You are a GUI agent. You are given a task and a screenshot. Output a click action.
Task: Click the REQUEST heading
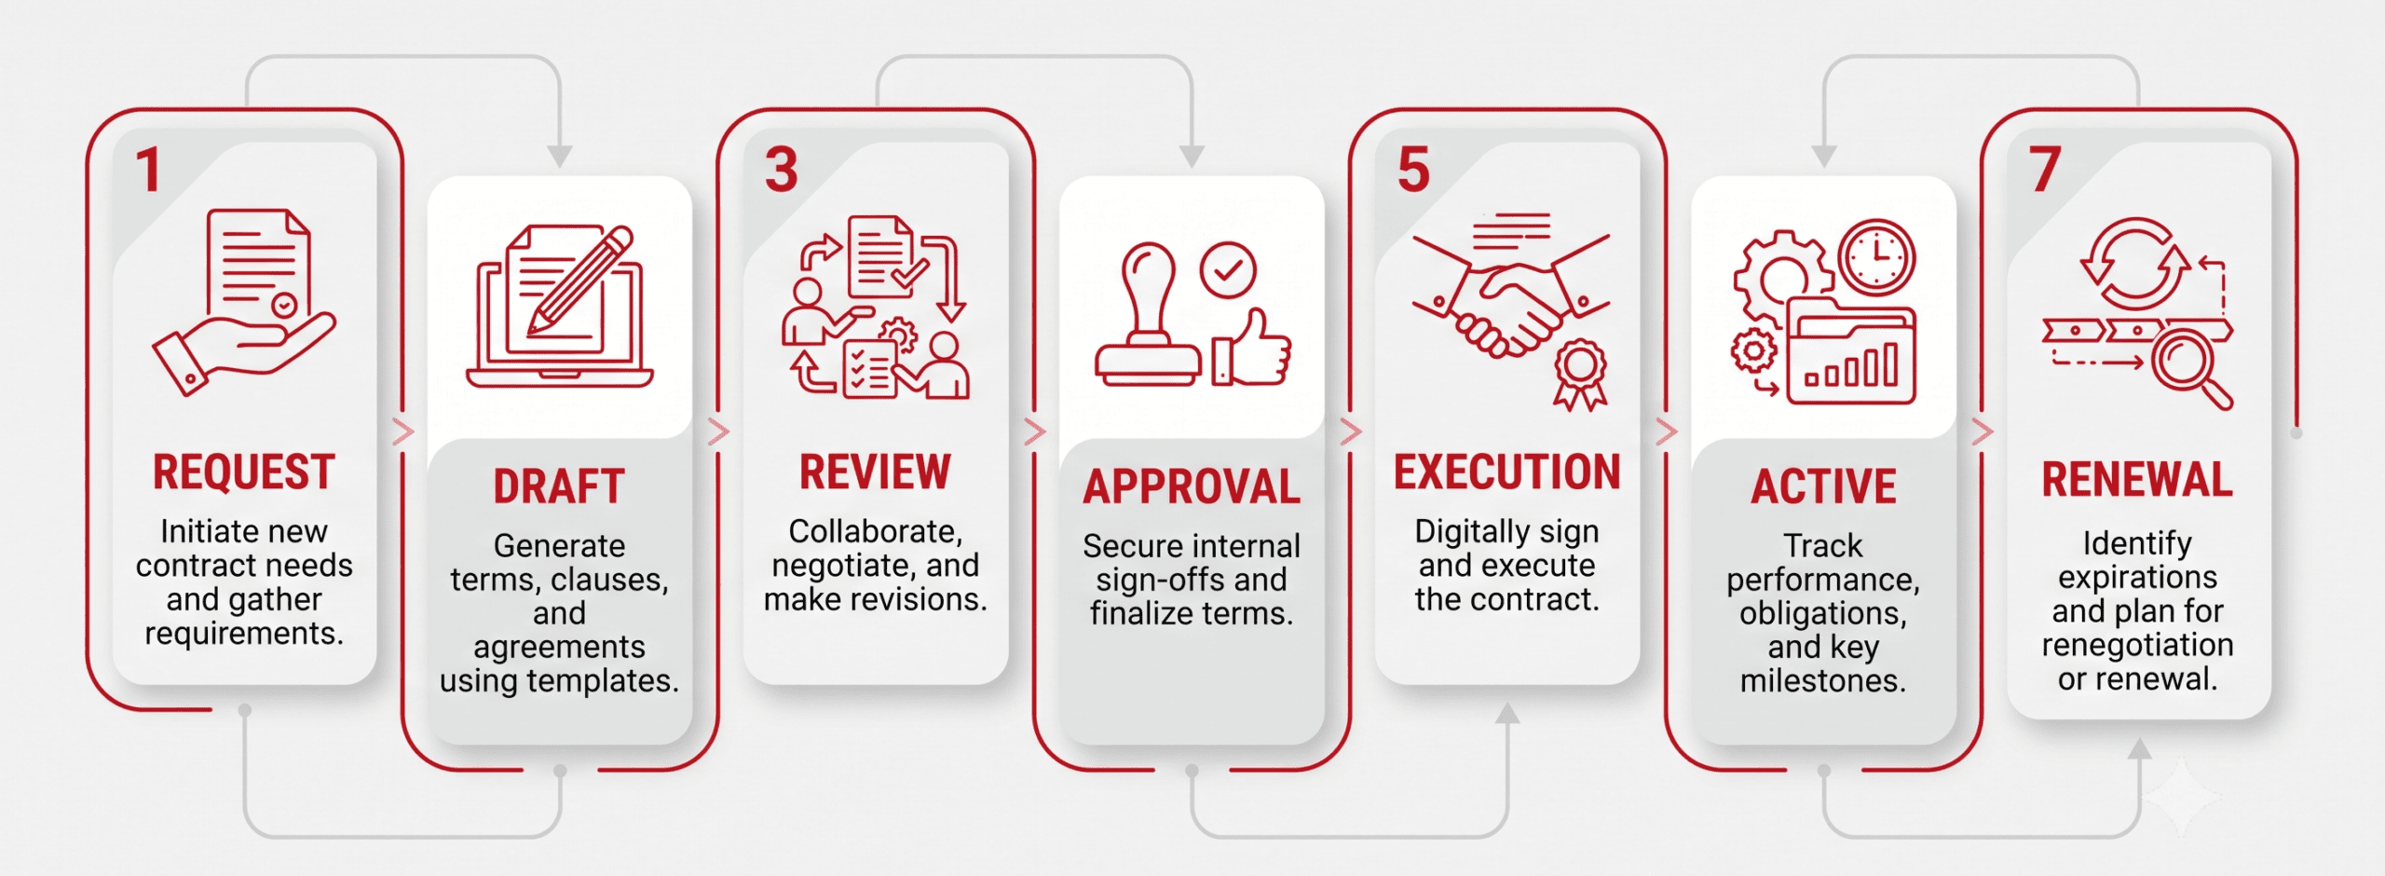point(244,472)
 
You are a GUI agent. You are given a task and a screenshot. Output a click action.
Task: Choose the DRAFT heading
point(559,486)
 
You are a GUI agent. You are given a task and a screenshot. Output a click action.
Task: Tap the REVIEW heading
point(875,472)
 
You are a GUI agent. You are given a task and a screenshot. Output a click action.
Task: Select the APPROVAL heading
point(1192,486)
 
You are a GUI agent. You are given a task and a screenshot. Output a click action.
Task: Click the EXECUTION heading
point(1507,472)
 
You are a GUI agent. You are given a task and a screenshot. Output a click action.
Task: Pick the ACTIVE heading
point(1823,486)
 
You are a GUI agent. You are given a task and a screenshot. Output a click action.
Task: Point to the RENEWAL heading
point(2138,480)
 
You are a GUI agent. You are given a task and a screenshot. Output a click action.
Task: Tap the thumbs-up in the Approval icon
point(1252,349)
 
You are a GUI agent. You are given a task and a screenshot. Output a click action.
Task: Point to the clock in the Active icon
point(1877,255)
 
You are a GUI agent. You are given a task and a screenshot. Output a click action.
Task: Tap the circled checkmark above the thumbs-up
point(1228,270)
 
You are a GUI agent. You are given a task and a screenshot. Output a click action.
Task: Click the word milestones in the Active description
point(1823,681)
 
